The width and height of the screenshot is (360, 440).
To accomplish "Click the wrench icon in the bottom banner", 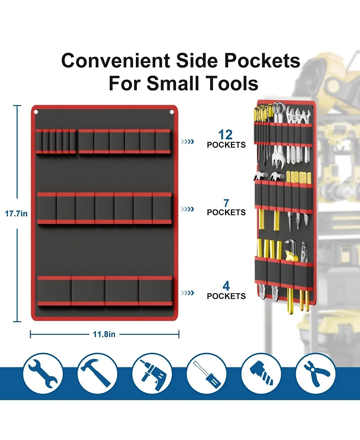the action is click(43, 373).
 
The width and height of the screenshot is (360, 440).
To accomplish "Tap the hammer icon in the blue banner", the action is click(97, 373).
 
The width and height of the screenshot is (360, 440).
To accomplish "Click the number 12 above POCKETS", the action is click(225, 135).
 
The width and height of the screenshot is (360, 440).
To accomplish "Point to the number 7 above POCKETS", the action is click(226, 203).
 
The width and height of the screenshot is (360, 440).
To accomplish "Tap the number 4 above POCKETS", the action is click(226, 286).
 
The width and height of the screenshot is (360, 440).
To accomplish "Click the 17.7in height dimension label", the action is click(16, 214).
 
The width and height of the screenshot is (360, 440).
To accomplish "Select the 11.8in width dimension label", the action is click(104, 334).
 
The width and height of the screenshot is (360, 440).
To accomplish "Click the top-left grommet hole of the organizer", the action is click(36, 112).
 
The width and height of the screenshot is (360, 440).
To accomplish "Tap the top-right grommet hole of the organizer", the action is click(171, 112).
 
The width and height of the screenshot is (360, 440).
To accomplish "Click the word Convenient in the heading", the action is click(116, 61).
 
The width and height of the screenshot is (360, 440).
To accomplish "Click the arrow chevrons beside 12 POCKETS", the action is click(187, 141).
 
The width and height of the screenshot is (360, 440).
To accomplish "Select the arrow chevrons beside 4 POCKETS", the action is click(187, 293).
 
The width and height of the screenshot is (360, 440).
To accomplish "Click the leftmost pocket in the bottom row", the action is click(54, 291).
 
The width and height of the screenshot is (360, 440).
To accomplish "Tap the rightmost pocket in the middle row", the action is click(162, 208).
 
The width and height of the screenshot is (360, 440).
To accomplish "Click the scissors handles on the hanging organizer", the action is click(278, 108).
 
